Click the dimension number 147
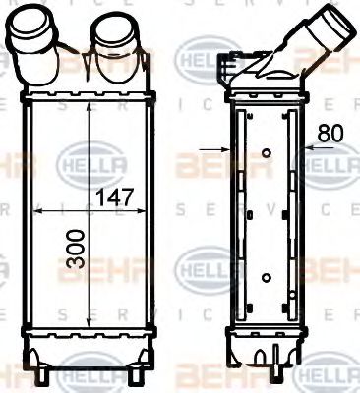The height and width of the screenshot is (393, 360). coord(116,197)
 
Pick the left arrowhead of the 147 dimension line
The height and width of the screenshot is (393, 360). coord(37,210)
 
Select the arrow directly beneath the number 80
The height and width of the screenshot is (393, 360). coord(311,150)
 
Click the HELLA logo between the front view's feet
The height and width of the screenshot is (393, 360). coord(91,375)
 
